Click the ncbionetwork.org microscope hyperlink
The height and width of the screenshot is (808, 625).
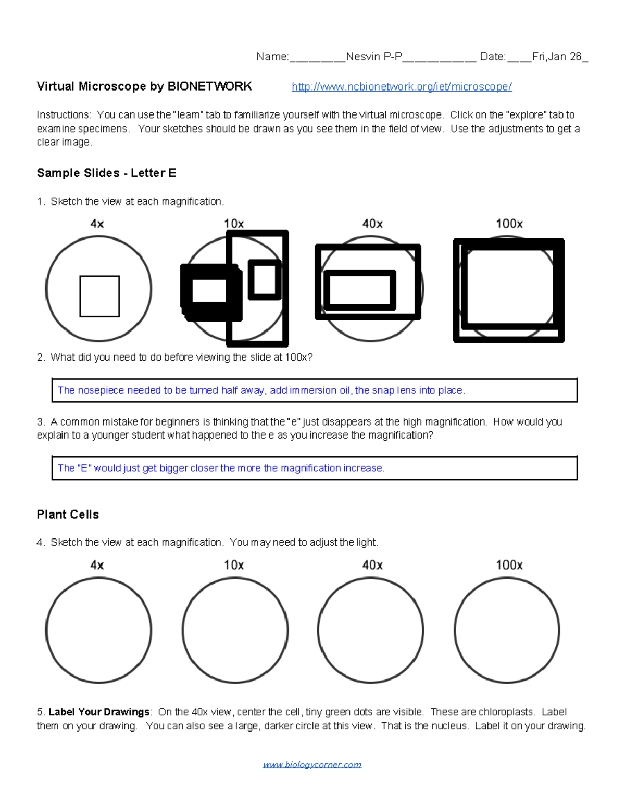pyautogui.click(x=402, y=87)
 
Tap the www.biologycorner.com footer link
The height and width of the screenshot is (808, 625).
pyautogui.click(x=312, y=764)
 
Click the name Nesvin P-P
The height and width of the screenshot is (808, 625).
pyautogui.click(x=373, y=57)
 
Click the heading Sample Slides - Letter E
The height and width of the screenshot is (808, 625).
pyautogui.click(x=106, y=173)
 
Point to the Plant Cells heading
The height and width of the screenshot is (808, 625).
pyautogui.click(x=68, y=515)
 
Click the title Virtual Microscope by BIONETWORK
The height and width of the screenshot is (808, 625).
pyautogui.click(x=144, y=86)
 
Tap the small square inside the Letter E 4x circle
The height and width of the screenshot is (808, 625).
pyautogui.click(x=99, y=296)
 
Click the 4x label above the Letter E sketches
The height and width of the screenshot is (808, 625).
pyautogui.click(x=97, y=224)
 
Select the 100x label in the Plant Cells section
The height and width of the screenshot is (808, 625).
pyautogui.click(x=509, y=565)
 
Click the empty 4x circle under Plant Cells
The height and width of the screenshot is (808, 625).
pyautogui.click(x=98, y=630)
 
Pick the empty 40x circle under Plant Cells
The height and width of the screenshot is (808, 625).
pyautogui.click(x=370, y=630)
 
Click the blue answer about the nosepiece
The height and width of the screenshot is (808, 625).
pyautogui.click(x=261, y=390)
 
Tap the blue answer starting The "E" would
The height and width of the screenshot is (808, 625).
pyautogui.click(x=221, y=468)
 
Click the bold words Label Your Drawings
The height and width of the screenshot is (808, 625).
pyautogui.click(x=99, y=712)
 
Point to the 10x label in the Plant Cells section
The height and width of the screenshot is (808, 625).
pyautogui.click(x=234, y=565)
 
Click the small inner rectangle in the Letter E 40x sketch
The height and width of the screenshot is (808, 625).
pyautogui.click(x=359, y=290)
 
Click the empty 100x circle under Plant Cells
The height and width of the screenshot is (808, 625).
pyautogui.click(x=507, y=630)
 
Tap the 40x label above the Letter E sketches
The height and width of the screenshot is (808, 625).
pyautogui.click(x=372, y=224)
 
